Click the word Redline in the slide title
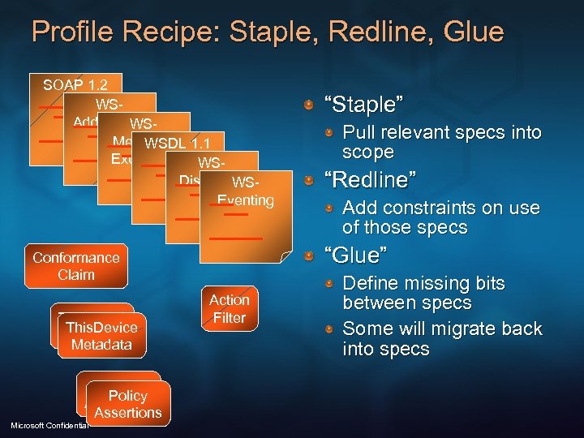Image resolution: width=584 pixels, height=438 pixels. pos(353,32)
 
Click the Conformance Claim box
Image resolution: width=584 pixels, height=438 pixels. pos(76,266)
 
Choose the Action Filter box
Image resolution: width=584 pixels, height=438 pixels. pos(229,309)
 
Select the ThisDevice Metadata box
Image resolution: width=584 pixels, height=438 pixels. pos(101,336)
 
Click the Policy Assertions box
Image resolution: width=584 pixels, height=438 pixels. pos(127,404)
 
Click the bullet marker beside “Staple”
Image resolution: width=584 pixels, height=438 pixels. pos(308,106)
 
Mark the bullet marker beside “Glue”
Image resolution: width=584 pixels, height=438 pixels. pos(308,256)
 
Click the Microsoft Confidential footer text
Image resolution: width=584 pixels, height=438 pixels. pos(47,426)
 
